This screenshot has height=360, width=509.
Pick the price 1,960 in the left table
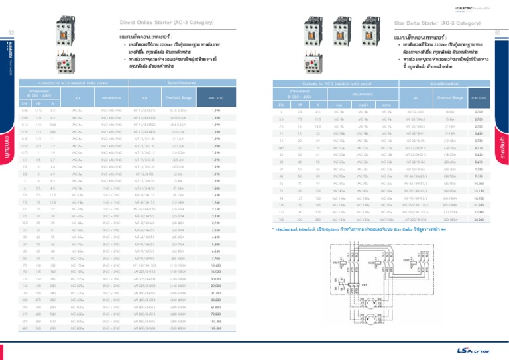(x=215, y=219)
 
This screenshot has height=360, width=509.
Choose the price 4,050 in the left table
(x=215, y=249)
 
